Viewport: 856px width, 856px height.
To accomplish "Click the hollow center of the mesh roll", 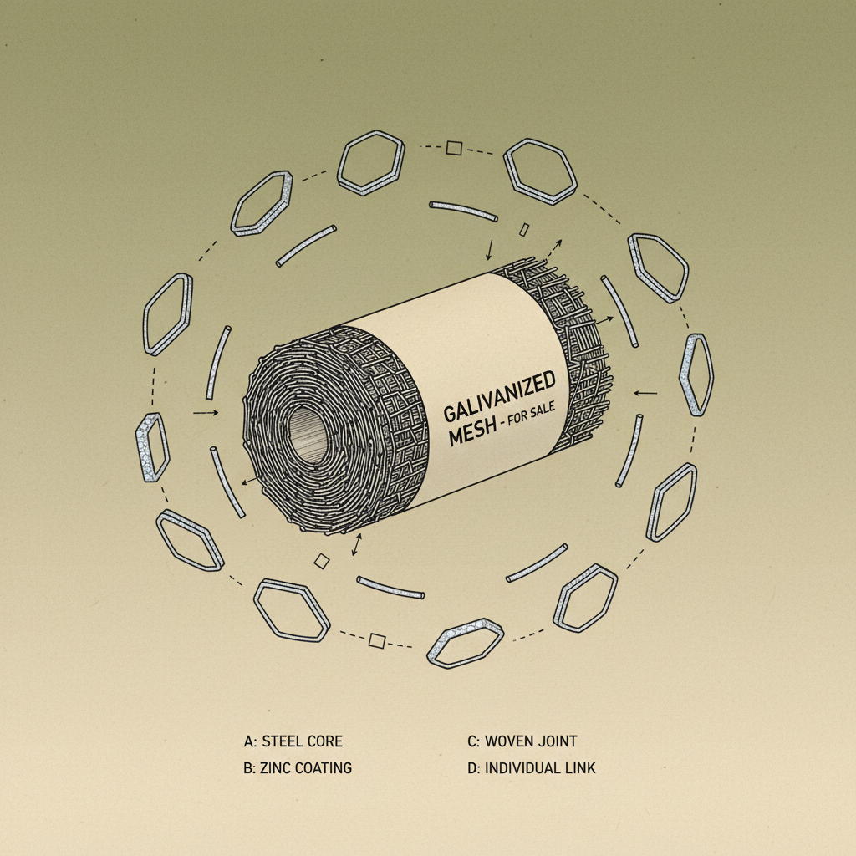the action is [x=308, y=435].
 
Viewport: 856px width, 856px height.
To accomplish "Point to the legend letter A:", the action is [x=251, y=741].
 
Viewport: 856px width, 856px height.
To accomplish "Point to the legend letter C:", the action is [x=474, y=741].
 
